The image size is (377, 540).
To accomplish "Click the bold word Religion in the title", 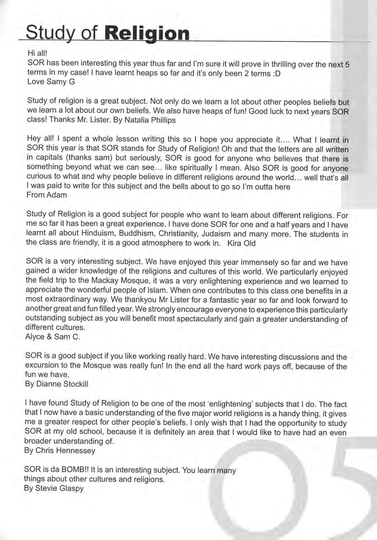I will (x=147, y=34).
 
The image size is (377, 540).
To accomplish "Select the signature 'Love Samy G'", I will (x=51, y=82).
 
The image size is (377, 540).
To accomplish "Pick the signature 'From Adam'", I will (x=47, y=195).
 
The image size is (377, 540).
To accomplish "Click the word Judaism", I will (x=216, y=234).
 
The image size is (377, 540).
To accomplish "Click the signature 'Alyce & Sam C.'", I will (x=52, y=337).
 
